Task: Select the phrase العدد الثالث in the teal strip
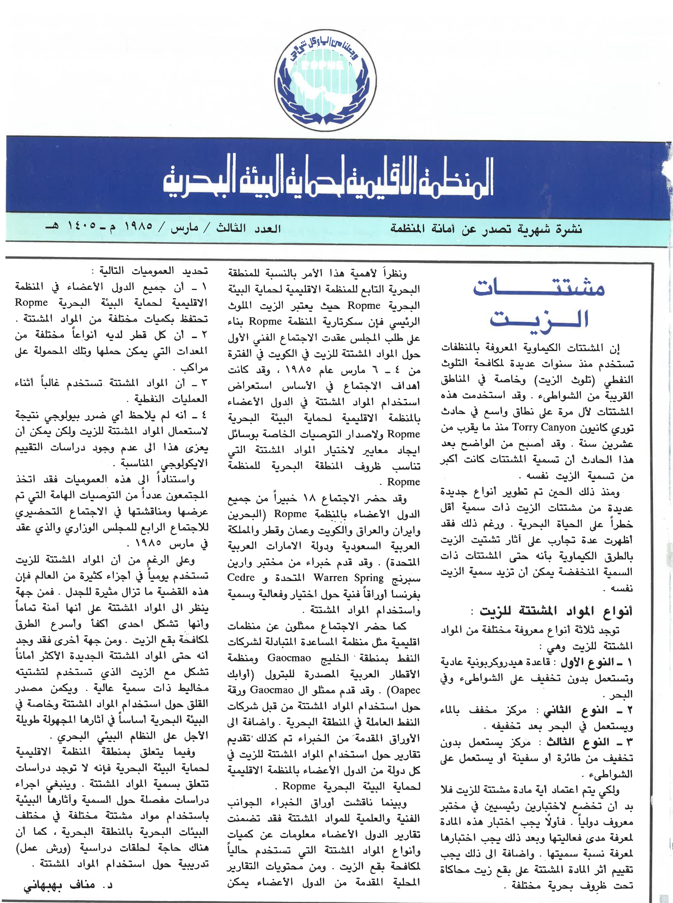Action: [249, 228]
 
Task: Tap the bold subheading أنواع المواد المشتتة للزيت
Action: [556, 611]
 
